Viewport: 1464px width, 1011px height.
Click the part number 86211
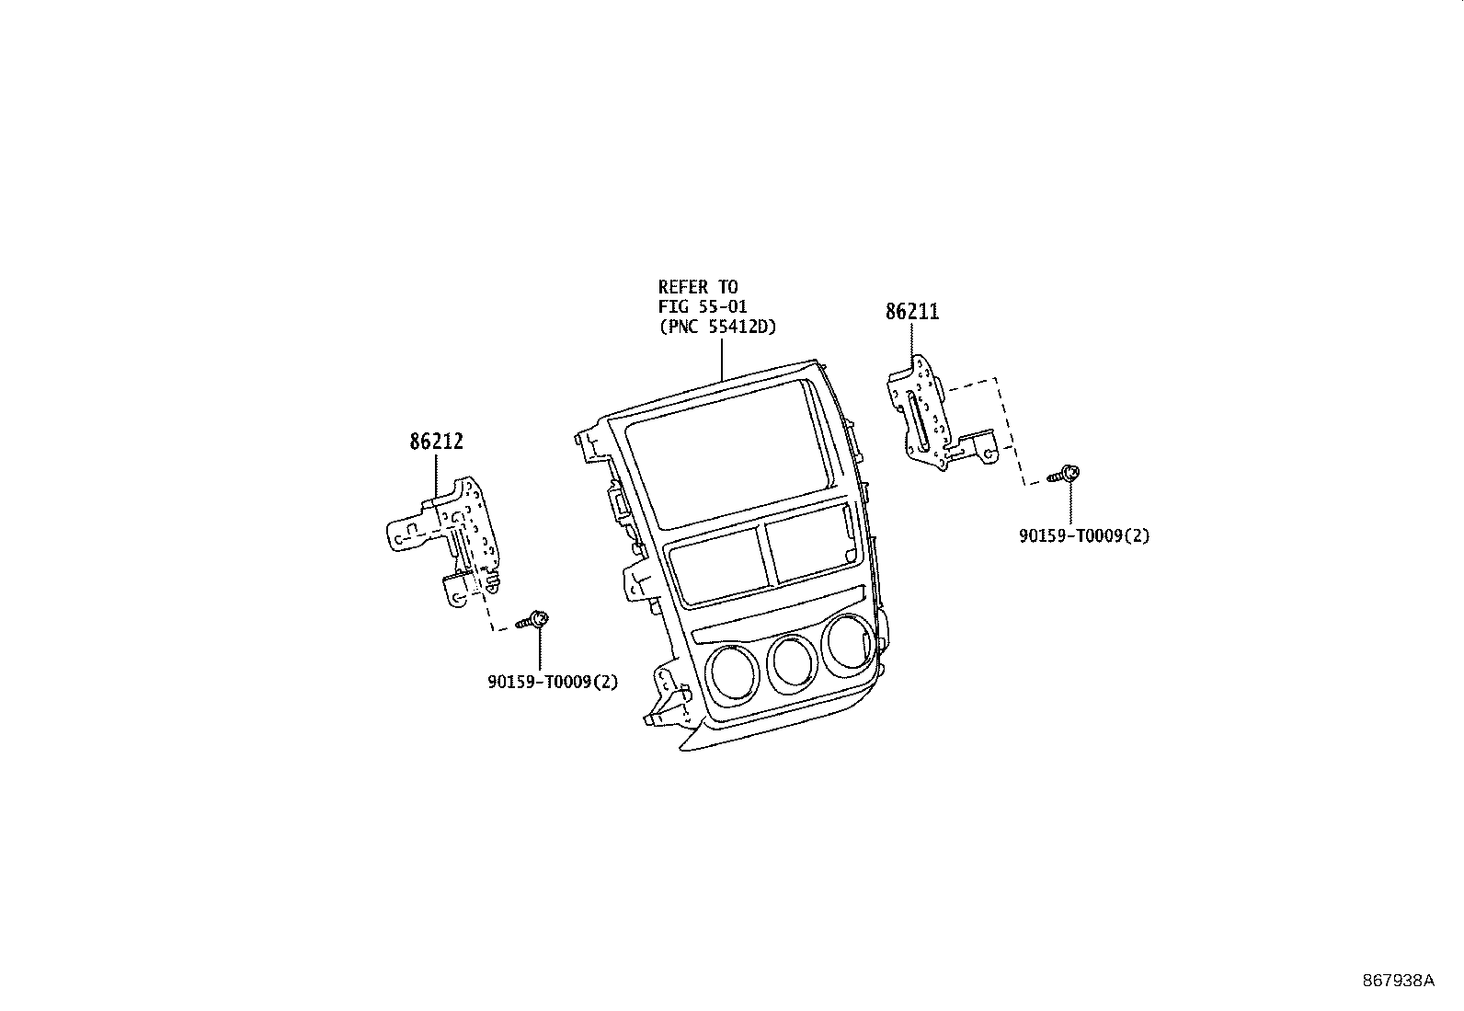click(x=912, y=312)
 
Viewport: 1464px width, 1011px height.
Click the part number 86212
click(x=436, y=442)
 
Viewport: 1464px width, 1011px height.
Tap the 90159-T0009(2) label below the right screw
click(x=1083, y=535)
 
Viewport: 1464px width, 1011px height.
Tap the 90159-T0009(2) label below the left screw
click(x=552, y=682)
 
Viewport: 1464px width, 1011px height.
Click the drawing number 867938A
click(x=1398, y=981)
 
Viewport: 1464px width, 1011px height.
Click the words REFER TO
click(x=697, y=287)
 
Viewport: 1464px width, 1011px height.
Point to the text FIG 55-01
click(x=703, y=306)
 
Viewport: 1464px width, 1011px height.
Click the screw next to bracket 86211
click(x=1065, y=475)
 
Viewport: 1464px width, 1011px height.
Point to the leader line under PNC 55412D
click(x=722, y=359)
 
